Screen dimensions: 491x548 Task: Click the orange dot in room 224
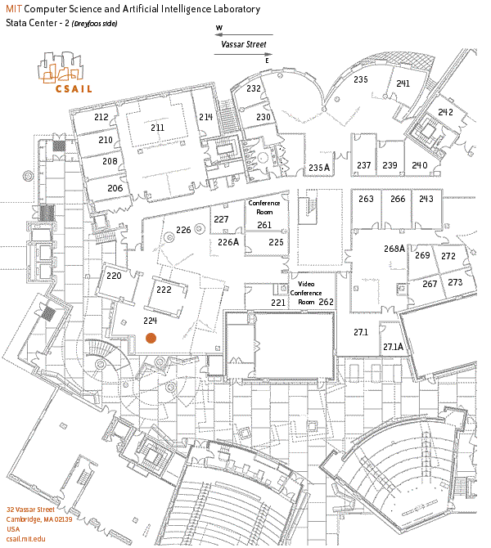pyautogui.click(x=151, y=338)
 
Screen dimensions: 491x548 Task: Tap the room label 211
pyautogui.click(x=157, y=128)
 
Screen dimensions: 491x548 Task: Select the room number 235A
pyautogui.click(x=319, y=168)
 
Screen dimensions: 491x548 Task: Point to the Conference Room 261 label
pyautogui.click(x=264, y=214)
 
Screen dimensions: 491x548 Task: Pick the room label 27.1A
pyautogui.click(x=393, y=347)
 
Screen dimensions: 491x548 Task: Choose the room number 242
pyautogui.click(x=445, y=112)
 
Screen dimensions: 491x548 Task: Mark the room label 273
pyautogui.click(x=455, y=282)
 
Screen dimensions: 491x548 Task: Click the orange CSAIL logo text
pyautogui.click(x=74, y=89)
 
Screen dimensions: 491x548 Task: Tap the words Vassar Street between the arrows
pyautogui.click(x=243, y=44)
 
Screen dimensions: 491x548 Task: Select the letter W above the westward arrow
pyautogui.click(x=219, y=28)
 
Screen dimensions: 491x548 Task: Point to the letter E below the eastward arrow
pyautogui.click(x=267, y=61)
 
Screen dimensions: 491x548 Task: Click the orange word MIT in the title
pyautogui.click(x=14, y=9)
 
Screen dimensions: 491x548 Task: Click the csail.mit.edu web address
pyautogui.click(x=26, y=539)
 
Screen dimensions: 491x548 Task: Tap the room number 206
pyautogui.click(x=115, y=188)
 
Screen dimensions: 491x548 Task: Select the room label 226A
pyautogui.click(x=228, y=242)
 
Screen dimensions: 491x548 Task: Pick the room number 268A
pyautogui.click(x=394, y=249)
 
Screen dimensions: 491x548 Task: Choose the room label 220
pyautogui.click(x=114, y=276)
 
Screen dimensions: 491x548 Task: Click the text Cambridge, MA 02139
pyautogui.click(x=39, y=519)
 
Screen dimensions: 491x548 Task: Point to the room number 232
pyautogui.click(x=254, y=88)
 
